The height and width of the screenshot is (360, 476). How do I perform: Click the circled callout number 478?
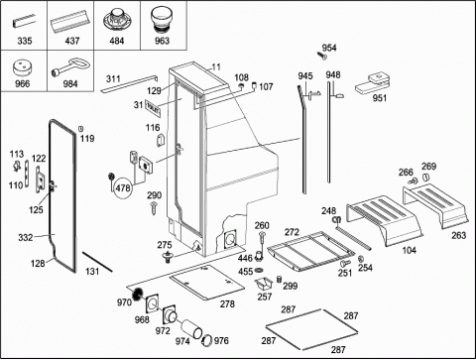coord(122,188)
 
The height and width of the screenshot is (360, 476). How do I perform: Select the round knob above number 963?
coord(162,20)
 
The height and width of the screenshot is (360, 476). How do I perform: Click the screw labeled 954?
coord(321,56)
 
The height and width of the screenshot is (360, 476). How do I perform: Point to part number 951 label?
coord(380,98)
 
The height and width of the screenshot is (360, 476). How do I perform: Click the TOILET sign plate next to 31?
coord(153,109)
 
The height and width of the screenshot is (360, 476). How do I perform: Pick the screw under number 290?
coord(154,208)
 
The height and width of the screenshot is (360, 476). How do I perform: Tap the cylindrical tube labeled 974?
coord(191,328)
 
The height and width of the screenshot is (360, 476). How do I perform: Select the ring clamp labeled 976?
coord(207,340)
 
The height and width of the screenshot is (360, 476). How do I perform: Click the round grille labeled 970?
coord(138,294)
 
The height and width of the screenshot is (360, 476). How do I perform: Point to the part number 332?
coord(26,237)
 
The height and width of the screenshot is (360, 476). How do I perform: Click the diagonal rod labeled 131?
coord(97,262)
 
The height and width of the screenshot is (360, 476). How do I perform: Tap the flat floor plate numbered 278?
coord(207,283)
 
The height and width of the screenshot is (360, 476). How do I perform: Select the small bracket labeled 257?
coord(264,285)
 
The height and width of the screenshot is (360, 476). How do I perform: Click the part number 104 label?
coord(409,250)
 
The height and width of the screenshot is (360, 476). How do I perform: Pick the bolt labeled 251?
coord(345,264)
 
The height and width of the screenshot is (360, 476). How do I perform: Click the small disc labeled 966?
coord(23,68)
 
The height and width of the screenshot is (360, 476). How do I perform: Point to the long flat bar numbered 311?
coord(129,83)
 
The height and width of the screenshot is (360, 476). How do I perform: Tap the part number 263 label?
coord(459,235)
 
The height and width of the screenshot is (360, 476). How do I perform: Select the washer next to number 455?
coord(259,271)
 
